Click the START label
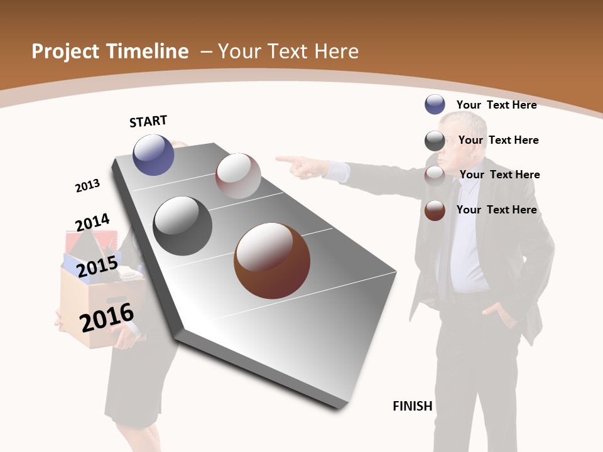coord(148,121)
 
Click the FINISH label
coord(413,406)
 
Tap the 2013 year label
coord(87,186)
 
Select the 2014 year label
coord(92,223)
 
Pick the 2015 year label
coord(97,267)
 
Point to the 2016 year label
coord(107,318)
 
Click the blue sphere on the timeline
coord(153,154)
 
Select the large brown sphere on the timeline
coord(272,261)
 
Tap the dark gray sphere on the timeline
coord(183,226)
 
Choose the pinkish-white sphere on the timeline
coord(238,176)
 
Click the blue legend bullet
coord(435,104)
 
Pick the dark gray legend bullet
coord(435,141)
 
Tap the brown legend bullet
coord(435,210)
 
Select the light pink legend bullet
coord(435,176)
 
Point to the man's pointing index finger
coord(284,159)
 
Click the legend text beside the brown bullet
coord(496,210)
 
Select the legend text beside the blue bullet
coord(496,105)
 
